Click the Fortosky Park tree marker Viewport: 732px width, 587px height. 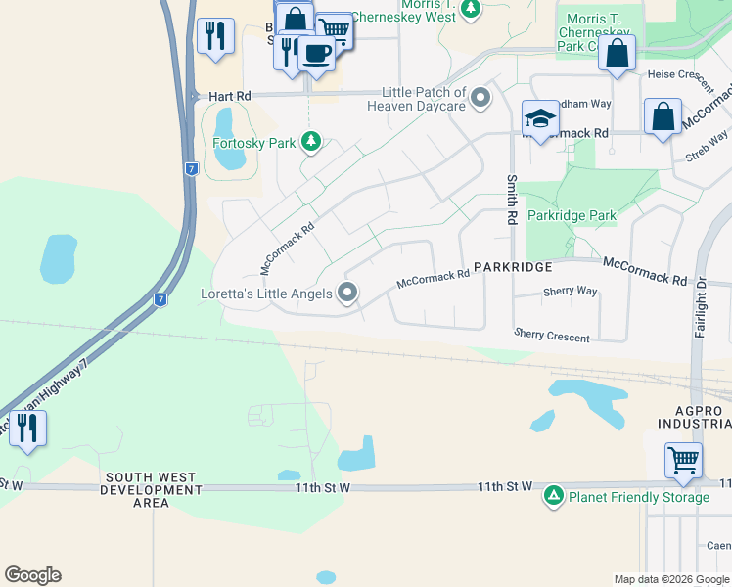pyautogui.click(x=311, y=143)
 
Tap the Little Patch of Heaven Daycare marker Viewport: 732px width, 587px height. pyautogui.click(x=480, y=98)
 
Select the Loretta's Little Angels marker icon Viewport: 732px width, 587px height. pyautogui.click(x=347, y=293)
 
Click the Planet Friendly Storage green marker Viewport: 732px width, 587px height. pyautogui.click(x=554, y=497)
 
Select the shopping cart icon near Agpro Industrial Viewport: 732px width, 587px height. pyautogui.click(x=683, y=460)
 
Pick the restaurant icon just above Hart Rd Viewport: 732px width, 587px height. pyautogui.click(x=214, y=37)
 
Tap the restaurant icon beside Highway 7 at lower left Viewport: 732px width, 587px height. pyautogui.click(x=26, y=429)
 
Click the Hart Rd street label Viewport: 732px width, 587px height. pyautogui.click(x=230, y=96)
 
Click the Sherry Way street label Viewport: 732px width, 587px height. pyautogui.click(x=570, y=292)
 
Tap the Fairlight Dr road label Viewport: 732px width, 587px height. pyautogui.click(x=701, y=307)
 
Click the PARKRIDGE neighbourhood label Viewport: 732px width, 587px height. pyautogui.click(x=514, y=266)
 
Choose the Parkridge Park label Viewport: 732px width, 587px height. pyautogui.click(x=572, y=215)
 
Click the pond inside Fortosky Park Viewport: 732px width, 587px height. pyautogui.click(x=225, y=136)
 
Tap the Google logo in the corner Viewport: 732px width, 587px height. pyautogui.click(x=33, y=575)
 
